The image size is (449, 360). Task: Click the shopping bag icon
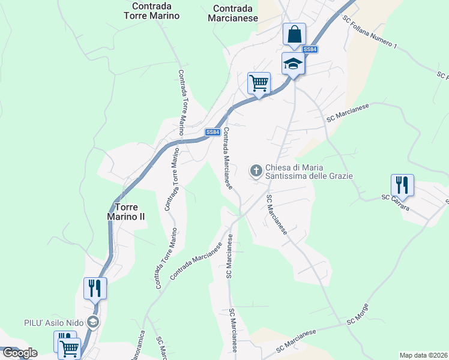click(294, 34)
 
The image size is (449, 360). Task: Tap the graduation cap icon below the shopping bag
click(293, 63)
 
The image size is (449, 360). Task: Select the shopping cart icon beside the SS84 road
click(259, 83)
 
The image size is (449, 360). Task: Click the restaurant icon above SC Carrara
click(402, 184)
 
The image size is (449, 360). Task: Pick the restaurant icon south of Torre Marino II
click(95, 288)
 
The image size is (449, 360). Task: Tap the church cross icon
click(256, 171)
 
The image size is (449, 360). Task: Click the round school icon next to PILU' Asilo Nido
click(92, 322)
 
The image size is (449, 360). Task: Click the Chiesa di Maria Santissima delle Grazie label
click(309, 171)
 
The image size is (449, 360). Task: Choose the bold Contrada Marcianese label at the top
click(235, 13)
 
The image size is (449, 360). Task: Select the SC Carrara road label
click(396, 203)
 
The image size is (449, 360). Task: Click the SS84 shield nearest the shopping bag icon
click(310, 50)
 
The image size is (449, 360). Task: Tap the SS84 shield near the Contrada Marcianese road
click(212, 132)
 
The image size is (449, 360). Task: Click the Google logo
click(19, 353)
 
